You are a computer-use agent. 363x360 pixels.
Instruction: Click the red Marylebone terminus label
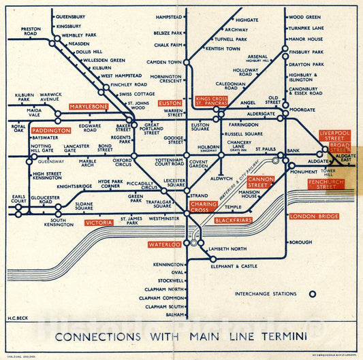[89, 106]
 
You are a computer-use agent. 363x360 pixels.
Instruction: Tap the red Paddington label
[51, 130]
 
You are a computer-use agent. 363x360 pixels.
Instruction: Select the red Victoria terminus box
[98, 223]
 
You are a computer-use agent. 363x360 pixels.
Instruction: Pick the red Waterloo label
[165, 244]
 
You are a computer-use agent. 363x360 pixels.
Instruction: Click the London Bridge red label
[314, 216]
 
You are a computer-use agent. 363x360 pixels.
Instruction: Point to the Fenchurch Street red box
[326, 184]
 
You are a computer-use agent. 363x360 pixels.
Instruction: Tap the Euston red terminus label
[170, 103]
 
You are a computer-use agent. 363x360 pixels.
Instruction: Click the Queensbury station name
[70, 16]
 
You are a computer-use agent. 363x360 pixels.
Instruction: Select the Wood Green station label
[304, 17]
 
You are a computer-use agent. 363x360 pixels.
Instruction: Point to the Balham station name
[176, 314]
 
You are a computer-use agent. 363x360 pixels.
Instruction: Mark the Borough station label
[300, 242]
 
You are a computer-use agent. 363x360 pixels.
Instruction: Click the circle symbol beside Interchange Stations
[313, 294]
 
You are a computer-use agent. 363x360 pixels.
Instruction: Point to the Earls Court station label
[18, 199]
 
